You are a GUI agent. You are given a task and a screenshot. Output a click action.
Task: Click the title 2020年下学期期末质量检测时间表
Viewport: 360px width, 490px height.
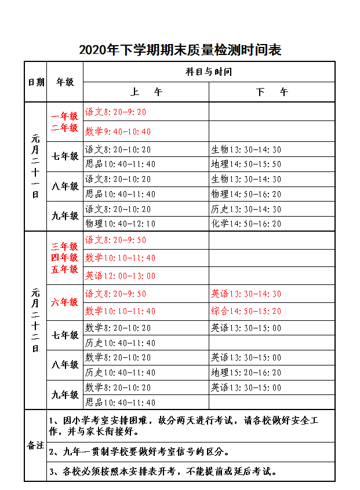pos(180,50)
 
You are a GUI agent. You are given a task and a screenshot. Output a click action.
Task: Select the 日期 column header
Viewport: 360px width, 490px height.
pos(36,82)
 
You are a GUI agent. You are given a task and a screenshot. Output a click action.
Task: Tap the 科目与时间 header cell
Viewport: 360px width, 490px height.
pos(209,72)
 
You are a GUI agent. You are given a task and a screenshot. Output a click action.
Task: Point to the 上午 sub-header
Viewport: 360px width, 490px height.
pos(146,92)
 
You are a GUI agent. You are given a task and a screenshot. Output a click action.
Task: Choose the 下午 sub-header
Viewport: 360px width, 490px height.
pos(272,92)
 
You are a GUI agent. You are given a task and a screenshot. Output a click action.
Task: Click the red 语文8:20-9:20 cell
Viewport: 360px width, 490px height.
pos(116,112)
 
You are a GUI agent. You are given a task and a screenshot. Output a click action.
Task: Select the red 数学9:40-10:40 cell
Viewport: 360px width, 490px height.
pos(118,131)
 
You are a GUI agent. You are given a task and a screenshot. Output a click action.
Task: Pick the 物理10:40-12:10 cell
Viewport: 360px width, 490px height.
pos(121,224)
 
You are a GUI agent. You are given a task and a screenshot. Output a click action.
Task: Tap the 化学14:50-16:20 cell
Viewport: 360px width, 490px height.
pos(246,224)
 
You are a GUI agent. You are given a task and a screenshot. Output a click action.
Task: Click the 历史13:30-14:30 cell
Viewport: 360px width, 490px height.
pos(246,209)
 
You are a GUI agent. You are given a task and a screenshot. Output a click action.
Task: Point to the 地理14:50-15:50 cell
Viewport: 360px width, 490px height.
pos(246,164)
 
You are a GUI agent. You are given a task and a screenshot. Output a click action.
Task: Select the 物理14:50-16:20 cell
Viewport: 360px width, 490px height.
pos(246,194)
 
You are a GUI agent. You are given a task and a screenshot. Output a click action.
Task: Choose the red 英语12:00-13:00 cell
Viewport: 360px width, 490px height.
pos(121,276)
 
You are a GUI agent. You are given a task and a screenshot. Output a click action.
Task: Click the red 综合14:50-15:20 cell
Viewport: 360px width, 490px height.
pos(246,311)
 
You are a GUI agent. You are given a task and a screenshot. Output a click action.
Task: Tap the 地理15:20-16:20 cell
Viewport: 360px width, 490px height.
pos(246,372)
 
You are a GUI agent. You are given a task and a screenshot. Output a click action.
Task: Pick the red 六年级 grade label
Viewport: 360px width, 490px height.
pos(65,302)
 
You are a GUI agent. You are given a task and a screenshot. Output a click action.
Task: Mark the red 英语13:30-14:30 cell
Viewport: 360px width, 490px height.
pos(246,294)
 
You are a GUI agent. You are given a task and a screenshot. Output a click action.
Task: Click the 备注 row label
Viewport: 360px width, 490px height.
pos(36,445)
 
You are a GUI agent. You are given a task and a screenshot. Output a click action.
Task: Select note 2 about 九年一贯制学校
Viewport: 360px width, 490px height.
pos(139,452)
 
